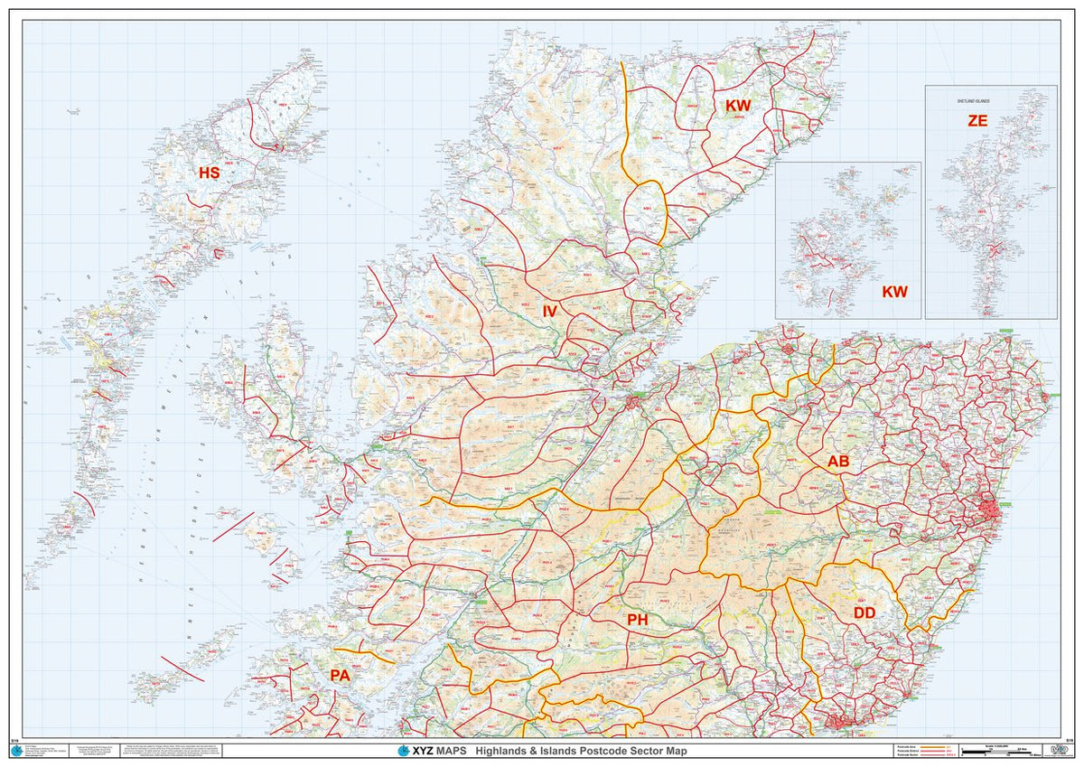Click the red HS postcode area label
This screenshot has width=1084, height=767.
tap(209, 173)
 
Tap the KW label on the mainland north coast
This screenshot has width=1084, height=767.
tap(738, 106)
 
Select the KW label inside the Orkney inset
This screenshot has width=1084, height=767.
tap(894, 292)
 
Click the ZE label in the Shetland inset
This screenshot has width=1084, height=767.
tap(977, 120)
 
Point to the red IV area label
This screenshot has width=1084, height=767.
tap(549, 311)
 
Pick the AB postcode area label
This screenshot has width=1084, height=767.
tap(838, 462)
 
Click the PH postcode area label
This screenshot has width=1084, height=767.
tap(638, 620)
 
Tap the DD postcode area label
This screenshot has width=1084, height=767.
tap(864, 613)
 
